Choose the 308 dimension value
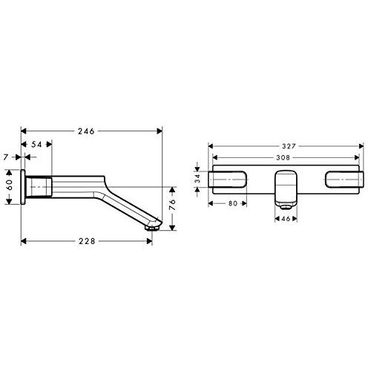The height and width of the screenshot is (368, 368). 286,157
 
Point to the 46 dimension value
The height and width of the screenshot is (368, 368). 286,220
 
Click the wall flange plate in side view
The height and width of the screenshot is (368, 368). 24,185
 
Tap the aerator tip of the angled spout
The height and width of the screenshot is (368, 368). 154,230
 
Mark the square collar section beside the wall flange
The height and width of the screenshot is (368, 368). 42,185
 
